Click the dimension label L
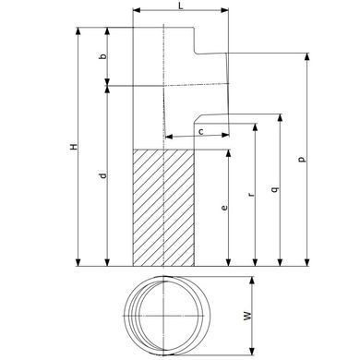[181, 5]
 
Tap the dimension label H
[74, 147]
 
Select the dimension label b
[103, 56]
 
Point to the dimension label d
[103, 175]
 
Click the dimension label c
[201, 132]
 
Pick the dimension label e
[224, 208]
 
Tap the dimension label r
[251, 195]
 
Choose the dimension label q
[276, 188]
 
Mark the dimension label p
[303, 159]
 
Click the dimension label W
[247, 316]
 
